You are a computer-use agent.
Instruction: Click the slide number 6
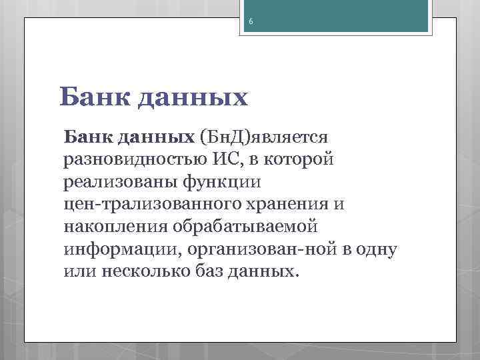[251, 22]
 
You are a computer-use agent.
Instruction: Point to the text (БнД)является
[261, 137]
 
